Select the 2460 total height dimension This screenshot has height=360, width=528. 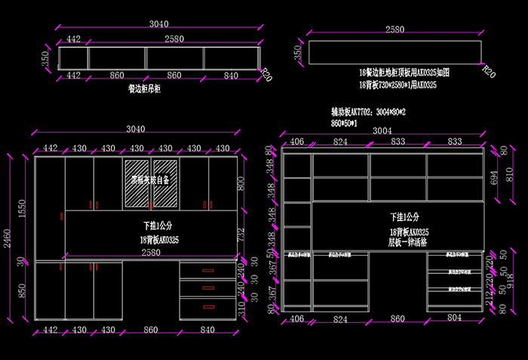pyautogui.click(x=7, y=239)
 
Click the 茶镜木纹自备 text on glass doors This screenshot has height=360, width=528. pyautogui.click(x=151, y=181)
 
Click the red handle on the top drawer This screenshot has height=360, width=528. pyautogui.click(x=207, y=270)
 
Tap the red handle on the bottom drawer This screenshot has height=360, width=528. pyautogui.click(x=207, y=306)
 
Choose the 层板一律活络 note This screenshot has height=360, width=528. pyautogui.click(x=408, y=242)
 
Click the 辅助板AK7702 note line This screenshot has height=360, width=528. pyautogui.click(x=369, y=111)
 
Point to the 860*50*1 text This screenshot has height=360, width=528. pyautogui.click(x=344, y=122)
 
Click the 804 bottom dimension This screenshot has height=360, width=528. pyautogui.click(x=455, y=319)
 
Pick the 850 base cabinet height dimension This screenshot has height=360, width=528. pyautogui.click(x=22, y=291)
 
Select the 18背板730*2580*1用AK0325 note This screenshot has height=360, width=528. pyautogui.click(x=398, y=86)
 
